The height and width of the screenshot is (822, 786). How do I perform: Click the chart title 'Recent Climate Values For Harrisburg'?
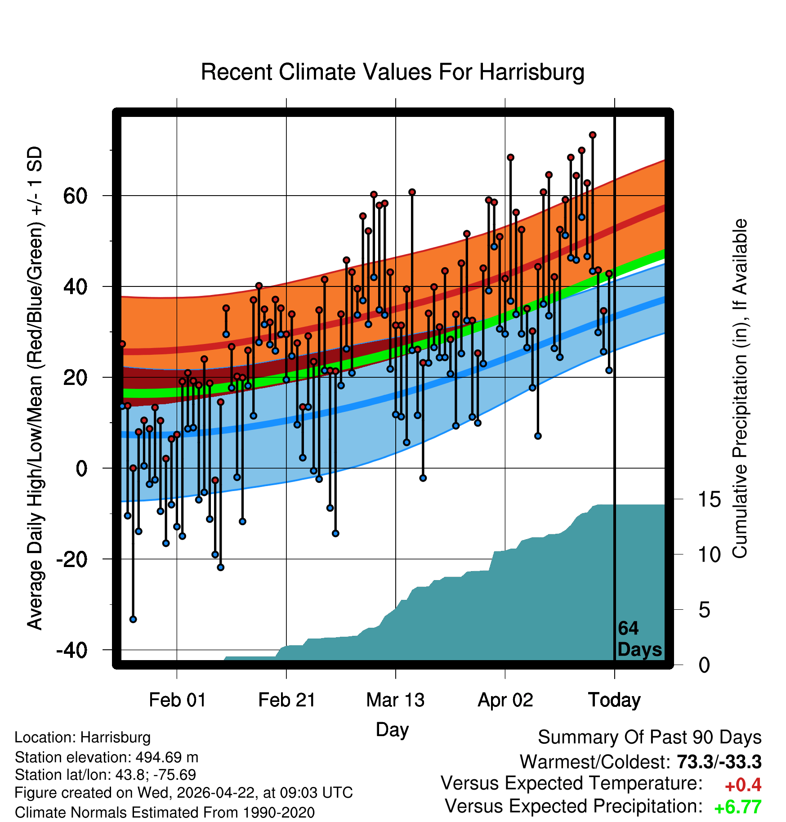click(x=393, y=72)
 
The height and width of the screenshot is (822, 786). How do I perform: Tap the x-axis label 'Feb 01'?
click(x=177, y=700)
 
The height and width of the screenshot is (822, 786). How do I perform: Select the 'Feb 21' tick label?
click(x=287, y=700)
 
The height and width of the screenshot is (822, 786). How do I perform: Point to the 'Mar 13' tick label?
click(x=396, y=700)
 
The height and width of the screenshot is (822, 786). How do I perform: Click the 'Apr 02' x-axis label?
click(x=505, y=700)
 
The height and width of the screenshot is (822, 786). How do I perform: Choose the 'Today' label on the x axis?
click(x=615, y=700)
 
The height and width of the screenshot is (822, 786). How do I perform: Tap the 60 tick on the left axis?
click(x=76, y=196)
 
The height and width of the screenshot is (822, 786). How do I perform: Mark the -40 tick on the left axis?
click(x=72, y=650)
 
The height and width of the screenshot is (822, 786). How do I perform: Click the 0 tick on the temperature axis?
click(x=82, y=469)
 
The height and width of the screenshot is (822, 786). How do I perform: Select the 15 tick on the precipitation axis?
click(x=710, y=500)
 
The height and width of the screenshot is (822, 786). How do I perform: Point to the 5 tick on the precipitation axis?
click(x=704, y=610)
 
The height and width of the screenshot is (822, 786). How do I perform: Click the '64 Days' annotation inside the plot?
click(x=639, y=639)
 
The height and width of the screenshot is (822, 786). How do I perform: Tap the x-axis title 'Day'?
click(x=392, y=729)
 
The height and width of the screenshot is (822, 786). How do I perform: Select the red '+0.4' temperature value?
click(x=743, y=785)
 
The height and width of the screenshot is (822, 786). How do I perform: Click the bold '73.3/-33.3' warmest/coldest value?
click(x=719, y=762)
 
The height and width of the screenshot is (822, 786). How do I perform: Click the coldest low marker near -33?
click(x=133, y=619)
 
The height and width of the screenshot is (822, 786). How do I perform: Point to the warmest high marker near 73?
click(x=593, y=135)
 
